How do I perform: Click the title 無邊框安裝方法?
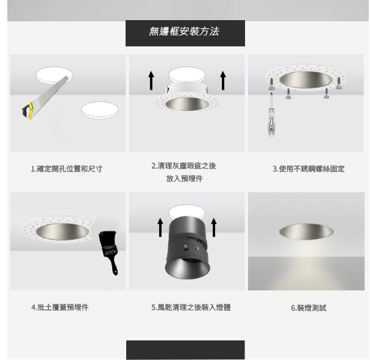pos(184,31)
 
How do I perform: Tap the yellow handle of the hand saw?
pos(28,111)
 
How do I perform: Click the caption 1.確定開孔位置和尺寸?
pos(67,169)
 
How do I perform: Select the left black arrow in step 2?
pos(151,81)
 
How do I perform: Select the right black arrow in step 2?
pos(223,81)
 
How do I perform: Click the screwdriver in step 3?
pos(271,116)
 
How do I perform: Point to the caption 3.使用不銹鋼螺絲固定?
pos(308,169)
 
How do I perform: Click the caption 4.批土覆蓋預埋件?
pos(60,308)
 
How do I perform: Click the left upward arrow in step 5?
pos(160,228)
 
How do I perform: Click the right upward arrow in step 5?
pos(214,228)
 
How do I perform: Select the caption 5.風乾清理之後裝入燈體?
pos(191,308)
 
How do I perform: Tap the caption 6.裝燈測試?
pos(308,308)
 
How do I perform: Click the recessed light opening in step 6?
pos(306,232)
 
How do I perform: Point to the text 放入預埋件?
pos(184,179)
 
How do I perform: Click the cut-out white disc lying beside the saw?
pos(100,110)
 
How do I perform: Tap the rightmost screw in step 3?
pos(339,83)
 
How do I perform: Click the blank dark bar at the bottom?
pos(185,350)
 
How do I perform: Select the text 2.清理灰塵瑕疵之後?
pos(184,166)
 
